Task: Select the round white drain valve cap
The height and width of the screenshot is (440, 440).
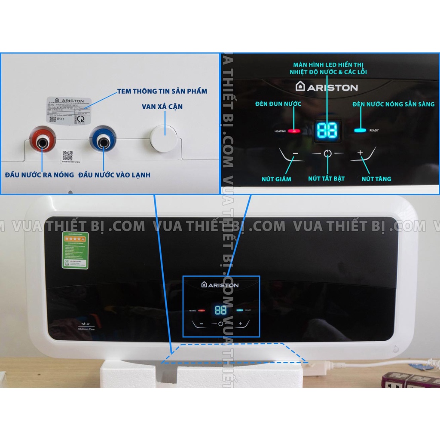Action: point(164,138)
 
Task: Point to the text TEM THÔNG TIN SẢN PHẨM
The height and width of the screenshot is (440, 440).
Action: point(162,91)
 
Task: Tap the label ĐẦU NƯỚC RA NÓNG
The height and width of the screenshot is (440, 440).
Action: point(39,175)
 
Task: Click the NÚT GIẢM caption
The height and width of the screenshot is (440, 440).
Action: point(276,179)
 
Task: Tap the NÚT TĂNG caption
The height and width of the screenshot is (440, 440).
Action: point(376,179)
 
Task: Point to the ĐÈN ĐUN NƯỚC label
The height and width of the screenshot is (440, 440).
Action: point(278,104)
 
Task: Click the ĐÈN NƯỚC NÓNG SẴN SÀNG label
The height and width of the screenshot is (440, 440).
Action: point(393,104)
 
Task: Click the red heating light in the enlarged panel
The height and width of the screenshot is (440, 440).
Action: point(294,131)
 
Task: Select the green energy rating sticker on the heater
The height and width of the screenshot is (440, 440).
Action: point(75,251)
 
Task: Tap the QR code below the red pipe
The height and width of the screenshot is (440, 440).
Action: point(67,156)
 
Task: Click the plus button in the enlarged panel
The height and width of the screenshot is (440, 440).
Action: point(360,153)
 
